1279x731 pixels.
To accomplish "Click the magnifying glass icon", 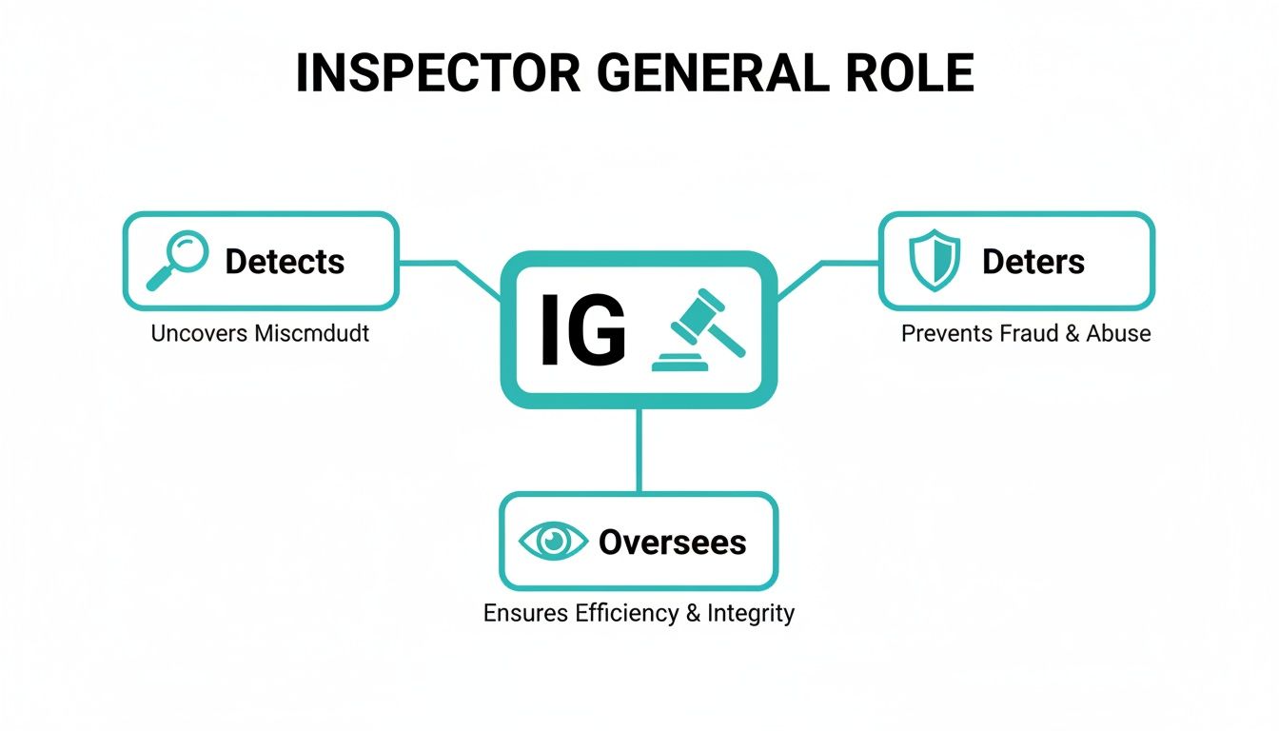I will click(x=177, y=261).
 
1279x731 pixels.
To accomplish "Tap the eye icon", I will click(x=554, y=542).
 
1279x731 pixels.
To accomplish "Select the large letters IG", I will click(x=582, y=330).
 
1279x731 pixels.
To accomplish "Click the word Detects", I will click(x=285, y=262).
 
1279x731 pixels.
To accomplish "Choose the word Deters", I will click(x=1033, y=262).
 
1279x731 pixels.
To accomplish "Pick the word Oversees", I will click(x=672, y=543).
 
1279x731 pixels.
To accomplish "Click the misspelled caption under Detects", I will click(x=260, y=334).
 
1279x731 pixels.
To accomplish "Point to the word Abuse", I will click(x=1119, y=334).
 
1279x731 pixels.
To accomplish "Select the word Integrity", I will click(x=751, y=613).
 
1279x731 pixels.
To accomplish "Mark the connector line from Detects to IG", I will click(x=447, y=263).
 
